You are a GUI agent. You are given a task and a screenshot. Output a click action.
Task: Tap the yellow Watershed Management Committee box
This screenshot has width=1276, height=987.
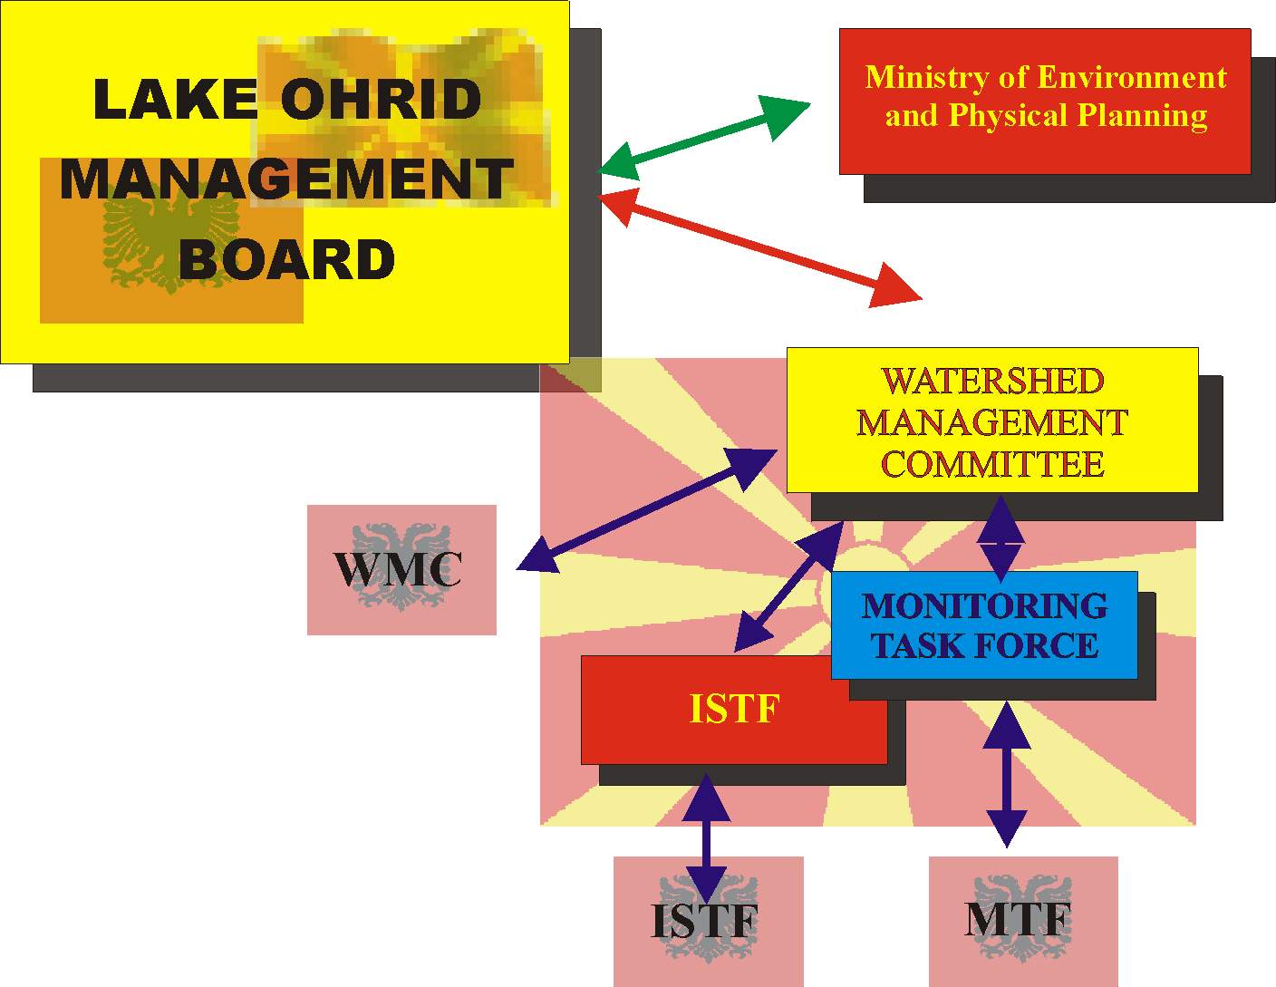(x=991, y=421)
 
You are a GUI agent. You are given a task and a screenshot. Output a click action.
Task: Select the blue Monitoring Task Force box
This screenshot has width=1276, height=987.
(x=984, y=625)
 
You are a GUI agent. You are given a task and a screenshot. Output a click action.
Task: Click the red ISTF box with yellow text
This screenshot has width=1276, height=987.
(x=733, y=709)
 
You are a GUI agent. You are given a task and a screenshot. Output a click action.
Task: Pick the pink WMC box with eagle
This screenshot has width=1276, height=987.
(x=401, y=569)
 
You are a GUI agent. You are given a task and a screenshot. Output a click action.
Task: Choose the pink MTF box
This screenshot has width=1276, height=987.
(x=1022, y=920)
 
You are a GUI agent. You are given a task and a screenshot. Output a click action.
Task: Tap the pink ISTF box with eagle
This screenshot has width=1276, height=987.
(x=707, y=921)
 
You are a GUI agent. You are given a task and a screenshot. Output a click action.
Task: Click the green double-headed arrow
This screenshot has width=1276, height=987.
(x=704, y=138)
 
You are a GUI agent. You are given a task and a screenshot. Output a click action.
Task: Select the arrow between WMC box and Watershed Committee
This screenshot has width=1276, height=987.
(x=646, y=510)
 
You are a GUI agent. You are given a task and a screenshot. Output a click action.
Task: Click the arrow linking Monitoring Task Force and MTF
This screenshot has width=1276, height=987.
(x=1006, y=775)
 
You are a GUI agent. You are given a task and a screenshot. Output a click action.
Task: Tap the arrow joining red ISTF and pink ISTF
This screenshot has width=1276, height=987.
(x=706, y=838)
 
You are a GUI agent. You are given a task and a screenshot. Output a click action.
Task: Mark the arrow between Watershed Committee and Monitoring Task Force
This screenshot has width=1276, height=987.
(x=1000, y=538)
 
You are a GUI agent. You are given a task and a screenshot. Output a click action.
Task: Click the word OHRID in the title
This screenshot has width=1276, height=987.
(x=381, y=99)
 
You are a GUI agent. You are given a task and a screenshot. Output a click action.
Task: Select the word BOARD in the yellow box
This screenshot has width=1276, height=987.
(x=286, y=260)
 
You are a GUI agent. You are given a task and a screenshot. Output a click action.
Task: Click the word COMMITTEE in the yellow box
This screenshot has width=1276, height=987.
(x=991, y=464)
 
